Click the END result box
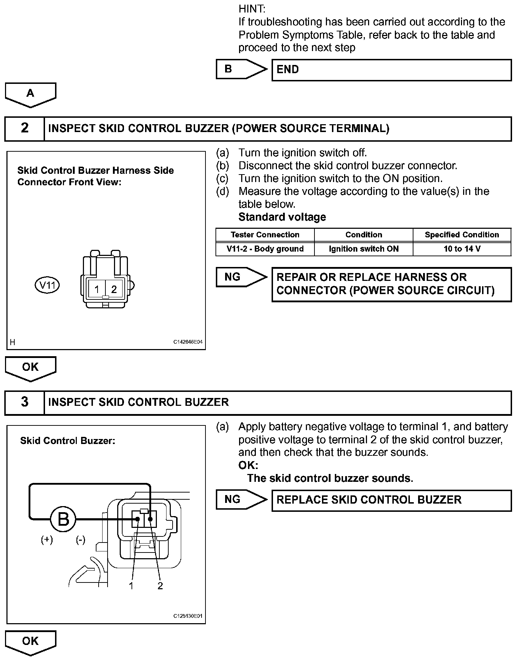(391, 70)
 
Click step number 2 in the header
(25, 128)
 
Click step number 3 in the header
(25, 402)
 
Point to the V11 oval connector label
(47, 286)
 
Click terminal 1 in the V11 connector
(97, 289)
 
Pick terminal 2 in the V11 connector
(114, 289)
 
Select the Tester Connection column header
(265, 235)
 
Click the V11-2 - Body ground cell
(265, 249)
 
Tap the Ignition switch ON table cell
(363, 249)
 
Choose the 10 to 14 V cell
(462, 249)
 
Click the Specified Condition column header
(462, 235)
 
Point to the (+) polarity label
(47, 540)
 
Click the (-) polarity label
(80, 540)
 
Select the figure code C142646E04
(188, 342)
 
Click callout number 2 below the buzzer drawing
(160, 586)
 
